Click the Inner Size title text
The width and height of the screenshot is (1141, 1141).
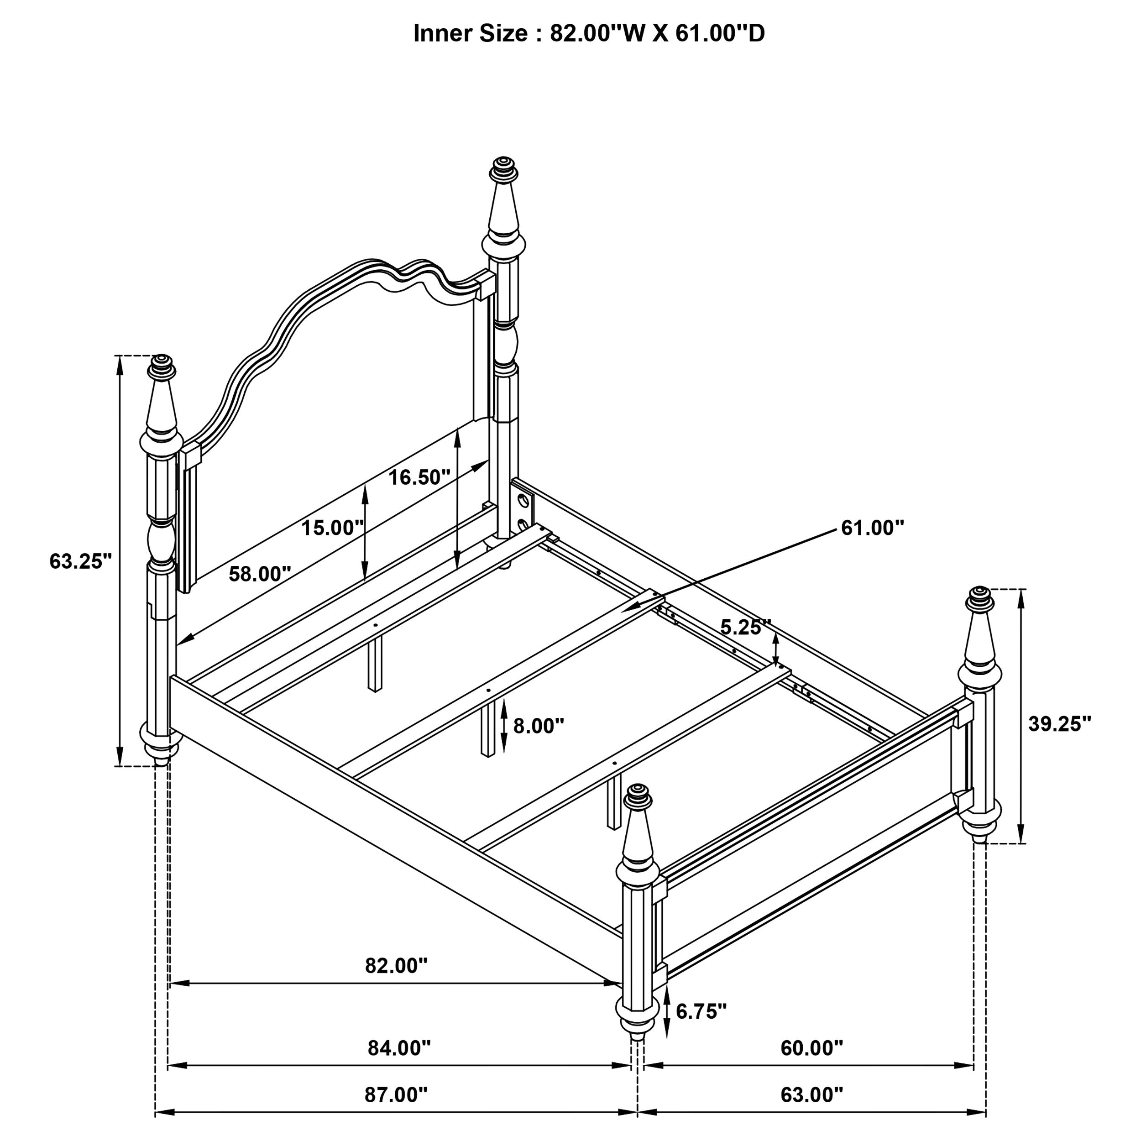588,34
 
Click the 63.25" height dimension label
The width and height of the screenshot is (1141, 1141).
80,560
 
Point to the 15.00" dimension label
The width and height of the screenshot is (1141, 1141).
332,528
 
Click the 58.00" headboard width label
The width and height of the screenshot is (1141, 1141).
260,573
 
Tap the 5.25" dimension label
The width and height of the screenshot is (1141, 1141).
745,627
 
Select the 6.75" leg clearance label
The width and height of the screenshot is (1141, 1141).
701,1012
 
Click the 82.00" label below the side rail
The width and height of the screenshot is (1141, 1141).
396,966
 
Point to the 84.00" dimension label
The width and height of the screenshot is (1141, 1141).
399,1048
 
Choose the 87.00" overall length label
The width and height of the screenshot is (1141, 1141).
396,1094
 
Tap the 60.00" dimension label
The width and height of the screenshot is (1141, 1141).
811,1048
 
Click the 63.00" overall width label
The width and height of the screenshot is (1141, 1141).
811,1094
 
